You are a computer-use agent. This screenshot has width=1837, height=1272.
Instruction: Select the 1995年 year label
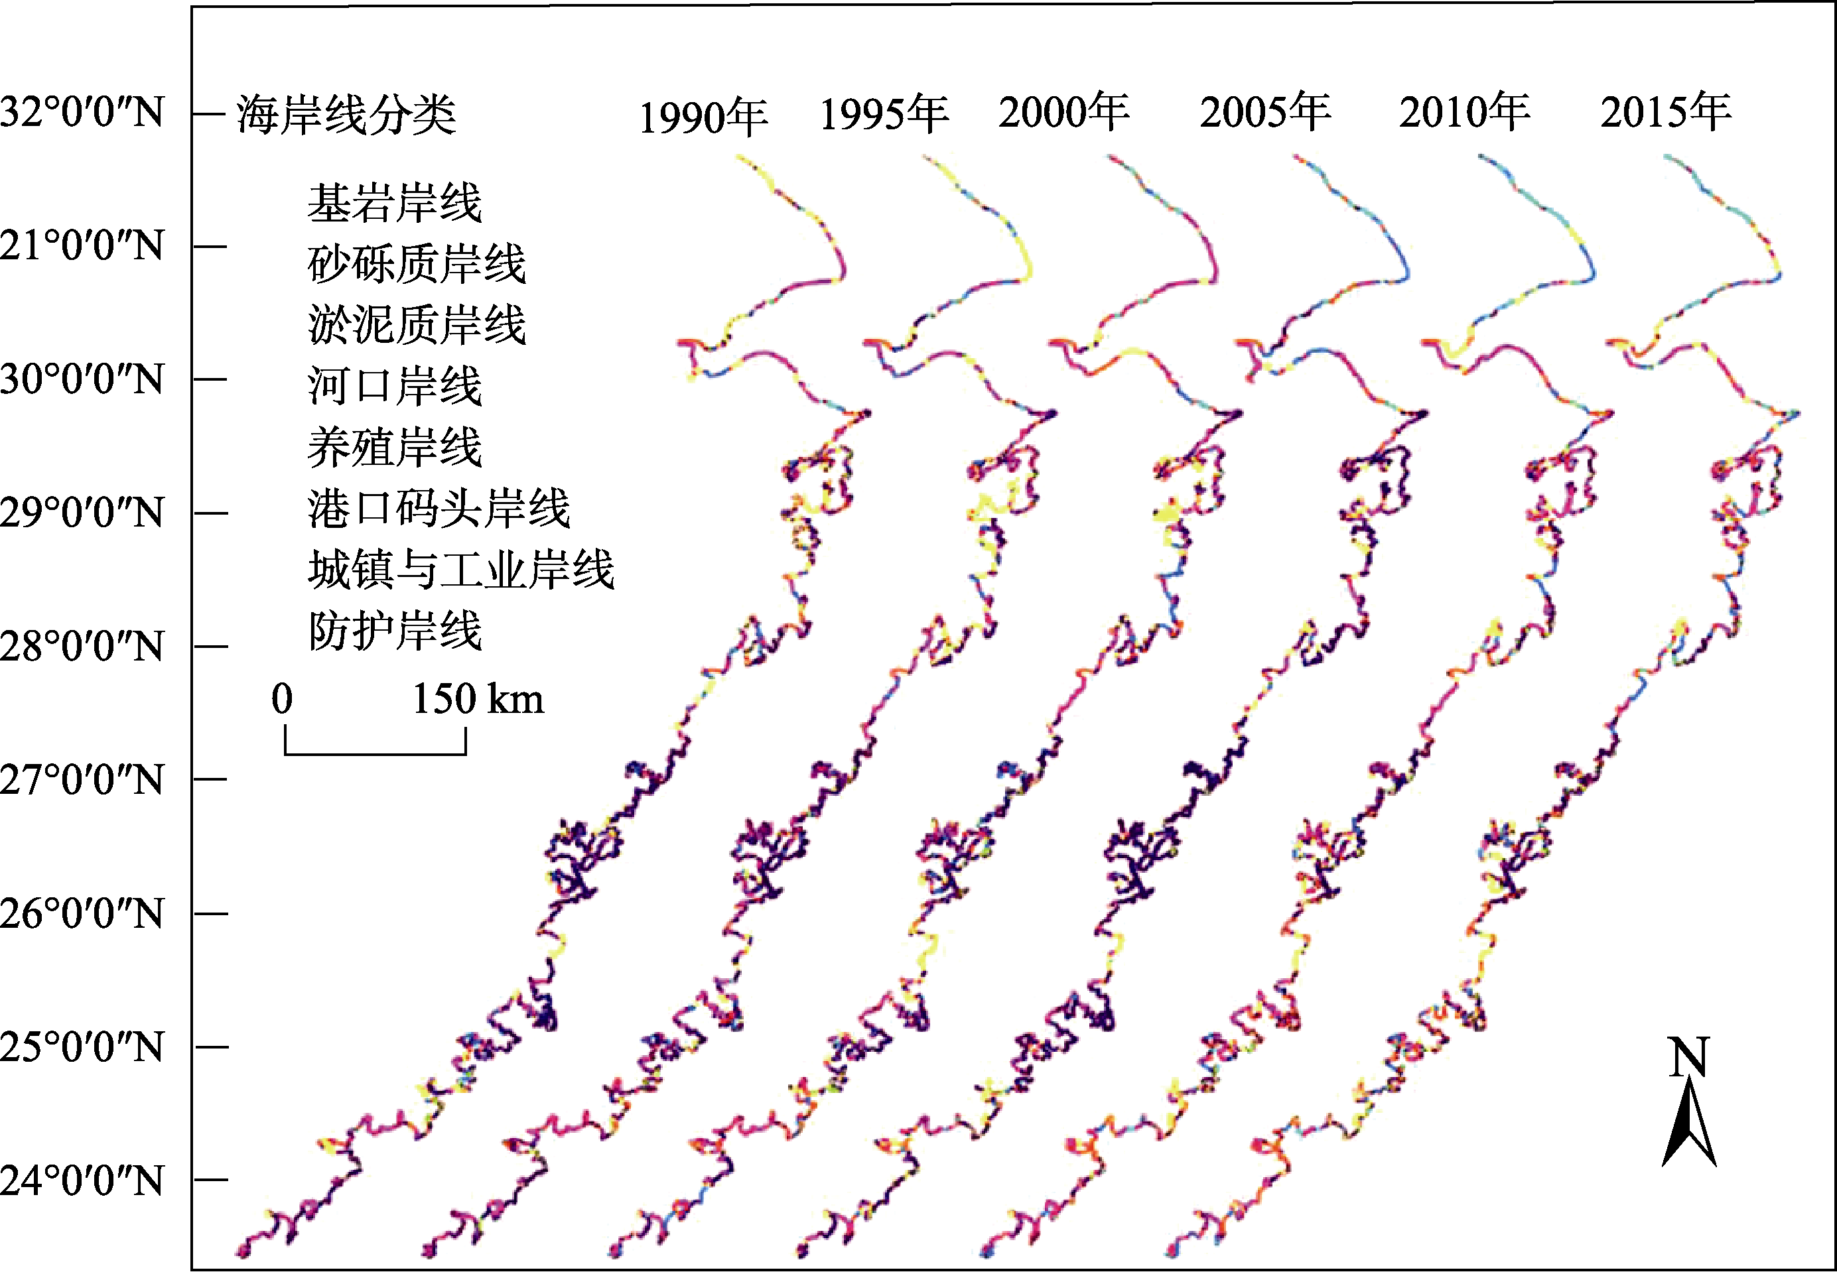(x=884, y=113)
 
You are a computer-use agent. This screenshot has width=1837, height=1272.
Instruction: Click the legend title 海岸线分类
(x=346, y=114)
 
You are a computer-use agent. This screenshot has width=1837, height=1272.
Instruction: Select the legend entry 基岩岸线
(x=395, y=202)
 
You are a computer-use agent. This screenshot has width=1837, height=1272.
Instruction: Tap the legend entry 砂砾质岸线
(x=417, y=264)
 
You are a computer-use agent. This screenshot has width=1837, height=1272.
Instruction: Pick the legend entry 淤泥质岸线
(x=417, y=325)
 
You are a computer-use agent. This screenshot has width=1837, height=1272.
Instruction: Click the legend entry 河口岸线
(x=395, y=386)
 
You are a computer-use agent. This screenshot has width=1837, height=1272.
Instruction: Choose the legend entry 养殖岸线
(x=395, y=447)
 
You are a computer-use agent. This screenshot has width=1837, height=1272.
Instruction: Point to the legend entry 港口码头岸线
(x=439, y=509)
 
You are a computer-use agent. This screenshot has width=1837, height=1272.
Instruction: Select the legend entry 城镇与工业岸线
(x=462, y=570)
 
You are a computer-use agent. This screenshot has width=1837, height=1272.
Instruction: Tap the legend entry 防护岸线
(x=395, y=631)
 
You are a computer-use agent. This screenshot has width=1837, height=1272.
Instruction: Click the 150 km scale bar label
(x=478, y=699)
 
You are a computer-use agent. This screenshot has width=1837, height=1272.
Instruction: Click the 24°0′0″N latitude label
(x=82, y=1180)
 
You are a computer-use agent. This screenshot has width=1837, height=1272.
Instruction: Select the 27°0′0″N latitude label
(x=82, y=779)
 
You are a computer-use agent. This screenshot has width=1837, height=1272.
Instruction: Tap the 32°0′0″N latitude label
(x=82, y=111)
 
